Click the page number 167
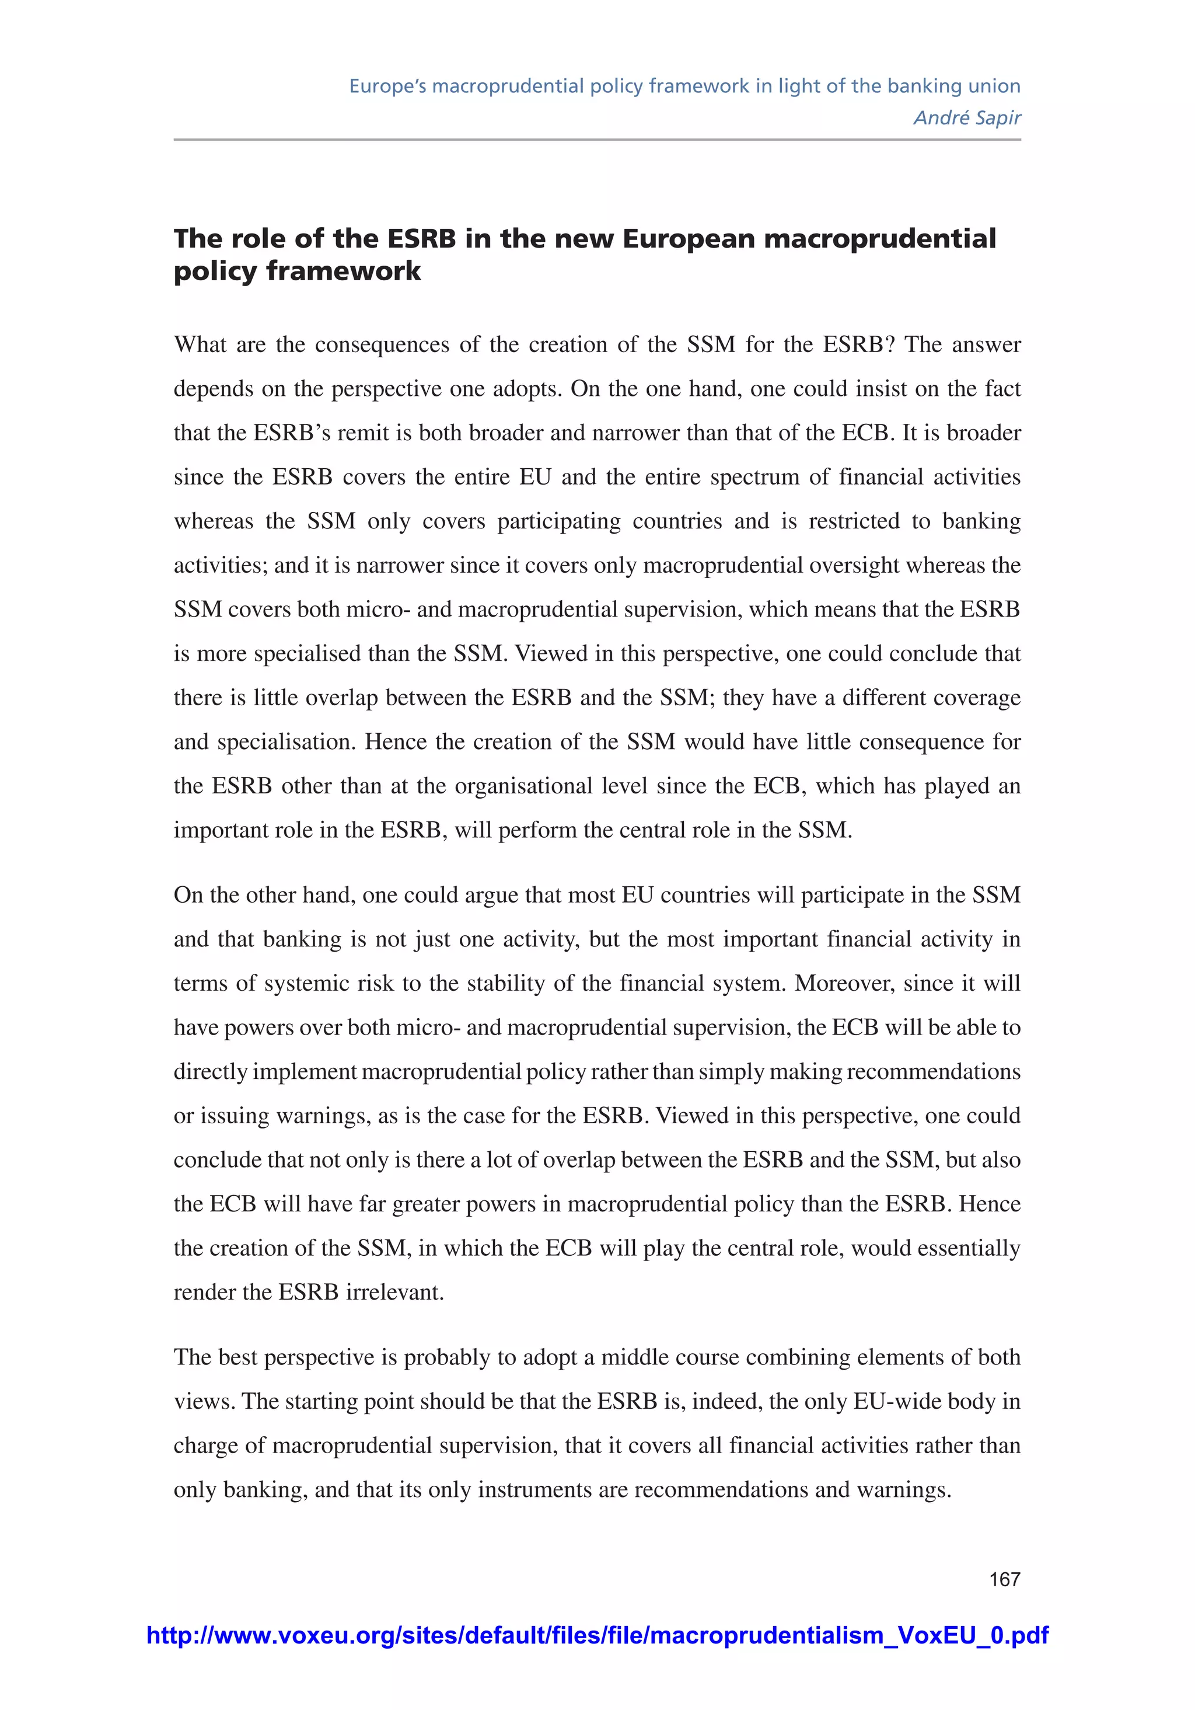pos(1004,1579)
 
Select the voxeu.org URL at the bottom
pos(597,1635)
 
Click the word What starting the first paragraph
pos(199,345)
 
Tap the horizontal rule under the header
pos(597,140)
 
